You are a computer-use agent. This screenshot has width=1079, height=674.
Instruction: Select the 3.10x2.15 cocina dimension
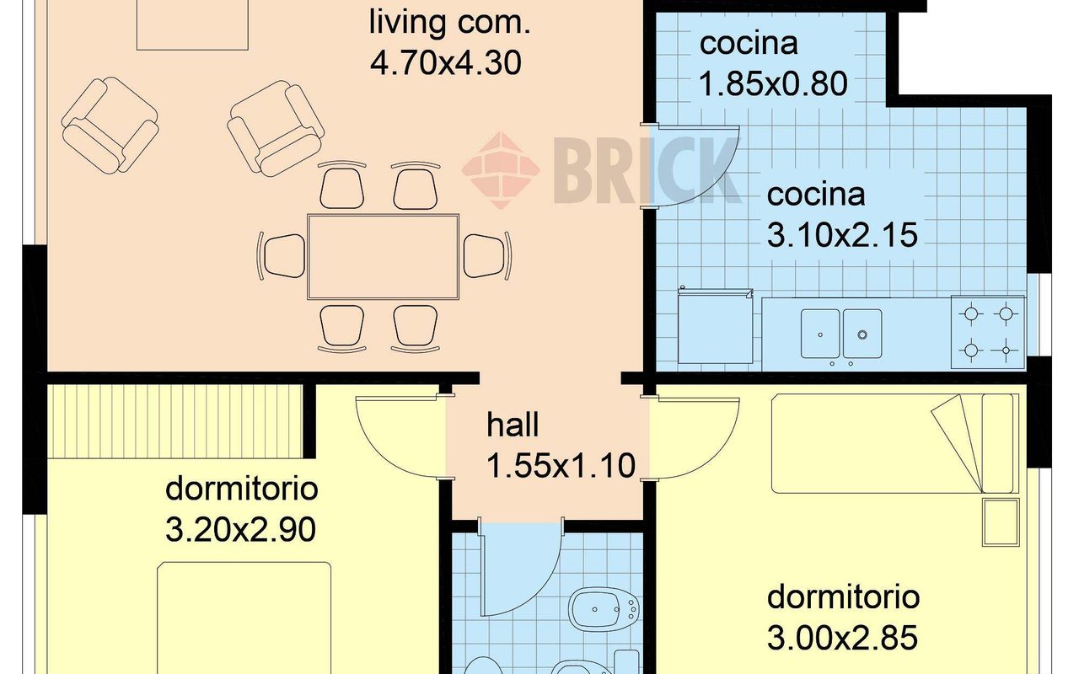pyautogui.click(x=842, y=235)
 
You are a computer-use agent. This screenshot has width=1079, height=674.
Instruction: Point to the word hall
pyautogui.click(x=512, y=425)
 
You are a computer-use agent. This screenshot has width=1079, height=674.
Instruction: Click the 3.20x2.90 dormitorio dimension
pyautogui.click(x=240, y=530)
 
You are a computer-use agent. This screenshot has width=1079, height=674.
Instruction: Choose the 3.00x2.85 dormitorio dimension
pyautogui.click(x=842, y=638)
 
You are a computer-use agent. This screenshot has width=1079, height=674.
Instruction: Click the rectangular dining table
pyautogui.click(x=383, y=257)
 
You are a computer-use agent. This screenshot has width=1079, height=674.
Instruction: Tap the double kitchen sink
pyautogui.click(x=841, y=334)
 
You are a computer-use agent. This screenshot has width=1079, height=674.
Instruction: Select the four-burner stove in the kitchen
pyautogui.click(x=988, y=332)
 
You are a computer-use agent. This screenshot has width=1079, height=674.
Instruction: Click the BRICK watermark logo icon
pyautogui.click(x=501, y=170)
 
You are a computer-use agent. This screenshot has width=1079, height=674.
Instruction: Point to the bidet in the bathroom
pyautogui.click(x=604, y=609)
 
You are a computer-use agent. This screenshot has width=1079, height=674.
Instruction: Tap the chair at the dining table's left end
pyautogui.click(x=282, y=255)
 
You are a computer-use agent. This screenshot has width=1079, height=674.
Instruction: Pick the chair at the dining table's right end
pyautogui.click(x=486, y=255)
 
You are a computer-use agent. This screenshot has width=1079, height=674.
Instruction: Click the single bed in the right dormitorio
pyautogui.click(x=895, y=443)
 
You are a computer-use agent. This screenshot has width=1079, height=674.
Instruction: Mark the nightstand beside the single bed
pyautogui.click(x=1001, y=522)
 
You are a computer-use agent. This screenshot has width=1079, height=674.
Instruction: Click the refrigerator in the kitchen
pyautogui.click(x=716, y=326)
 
